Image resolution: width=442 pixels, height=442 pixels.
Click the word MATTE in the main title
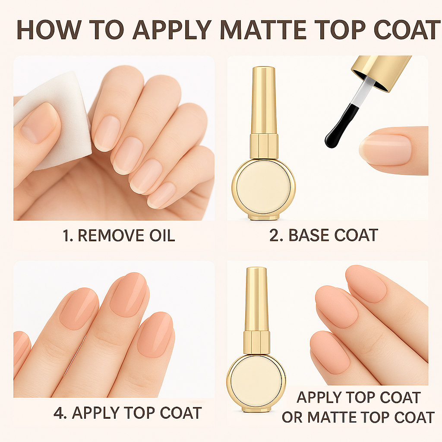(x=263, y=30)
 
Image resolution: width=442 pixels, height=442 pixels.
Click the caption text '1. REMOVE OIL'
(x=119, y=235)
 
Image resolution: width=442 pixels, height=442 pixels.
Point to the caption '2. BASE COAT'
(x=324, y=235)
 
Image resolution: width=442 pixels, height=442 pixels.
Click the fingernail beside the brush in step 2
(x=385, y=149)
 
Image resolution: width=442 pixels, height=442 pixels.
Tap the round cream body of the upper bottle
(x=264, y=187)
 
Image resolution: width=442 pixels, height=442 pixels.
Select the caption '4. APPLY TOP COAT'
(x=128, y=413)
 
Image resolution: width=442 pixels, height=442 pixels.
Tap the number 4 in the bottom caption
(x=58, y=413)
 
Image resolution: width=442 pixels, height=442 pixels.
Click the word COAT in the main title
(x=407, y=30)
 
